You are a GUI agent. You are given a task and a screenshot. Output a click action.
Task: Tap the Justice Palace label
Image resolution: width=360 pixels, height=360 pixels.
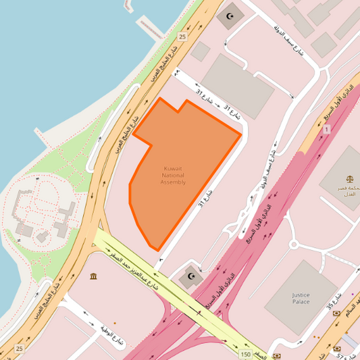tap(301, 299)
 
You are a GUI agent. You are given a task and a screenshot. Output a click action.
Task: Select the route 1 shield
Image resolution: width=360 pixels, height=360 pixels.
tap(326, 129)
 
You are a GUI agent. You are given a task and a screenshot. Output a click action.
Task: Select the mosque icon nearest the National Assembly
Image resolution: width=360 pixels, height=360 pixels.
tap(191, 276)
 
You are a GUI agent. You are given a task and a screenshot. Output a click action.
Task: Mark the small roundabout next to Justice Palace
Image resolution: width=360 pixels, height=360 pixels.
tap(294, 245)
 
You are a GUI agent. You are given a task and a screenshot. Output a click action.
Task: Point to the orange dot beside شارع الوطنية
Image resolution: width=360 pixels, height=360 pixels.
tap(115, 324)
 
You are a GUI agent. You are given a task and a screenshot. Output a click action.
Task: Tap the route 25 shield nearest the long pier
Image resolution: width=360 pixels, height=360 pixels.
tap(182, 36)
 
